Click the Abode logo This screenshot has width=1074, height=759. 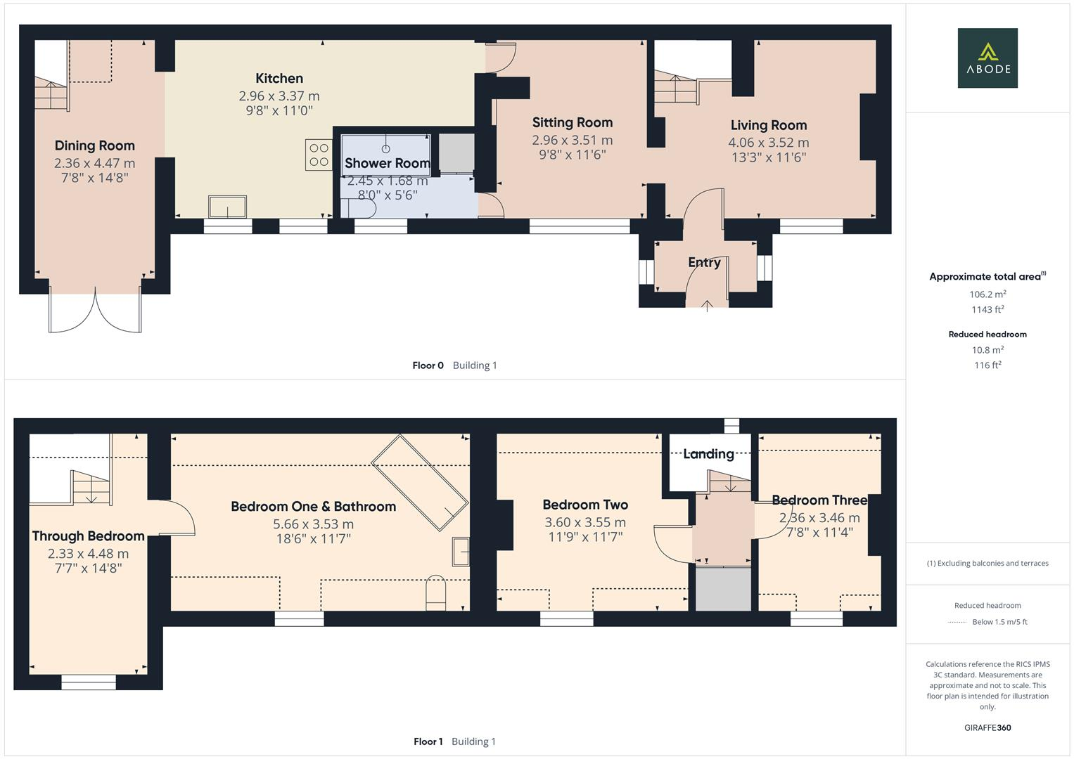987,58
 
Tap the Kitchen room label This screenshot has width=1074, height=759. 279,78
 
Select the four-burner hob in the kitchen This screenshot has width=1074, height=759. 318,155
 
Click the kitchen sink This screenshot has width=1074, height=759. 228,207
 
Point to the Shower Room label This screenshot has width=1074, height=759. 387,163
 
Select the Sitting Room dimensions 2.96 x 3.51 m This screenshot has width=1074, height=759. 572,140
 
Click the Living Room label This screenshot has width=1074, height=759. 768,125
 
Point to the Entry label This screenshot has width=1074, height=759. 704,262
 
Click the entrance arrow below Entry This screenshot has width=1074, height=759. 707,304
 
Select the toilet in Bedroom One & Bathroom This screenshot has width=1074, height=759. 436,592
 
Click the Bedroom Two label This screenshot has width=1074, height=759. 585,505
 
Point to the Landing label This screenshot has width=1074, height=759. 708,454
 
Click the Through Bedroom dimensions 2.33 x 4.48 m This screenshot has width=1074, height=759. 88,553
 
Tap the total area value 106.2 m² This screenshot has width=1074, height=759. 987,294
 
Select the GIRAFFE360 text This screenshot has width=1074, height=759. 987,727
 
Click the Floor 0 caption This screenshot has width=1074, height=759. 428,365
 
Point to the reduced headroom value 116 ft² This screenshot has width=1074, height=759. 987,365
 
